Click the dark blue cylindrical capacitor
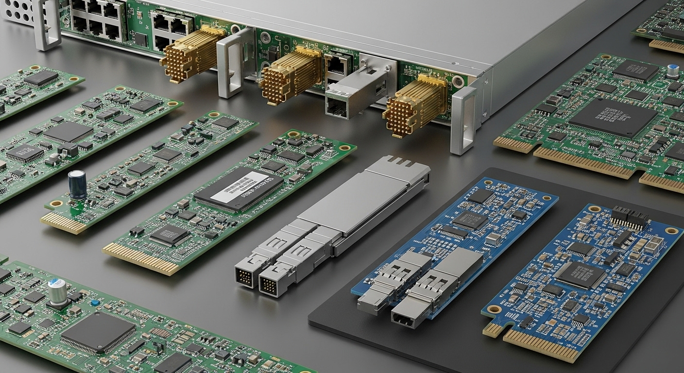(x=77, y=185)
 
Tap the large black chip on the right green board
(x=613, y=118)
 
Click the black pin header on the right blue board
(x=630, y=218)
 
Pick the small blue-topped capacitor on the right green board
(x=673, y=71)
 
